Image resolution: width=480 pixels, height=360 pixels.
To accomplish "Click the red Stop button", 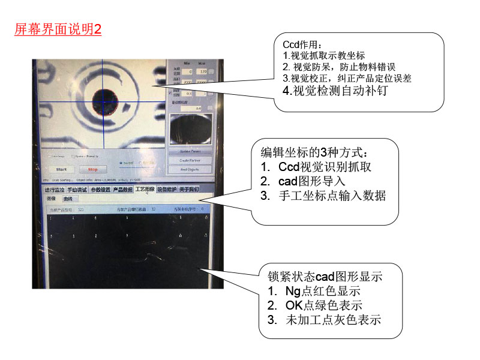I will click(x=92, y=169).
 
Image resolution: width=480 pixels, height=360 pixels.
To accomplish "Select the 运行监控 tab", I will click(x=55, y=190).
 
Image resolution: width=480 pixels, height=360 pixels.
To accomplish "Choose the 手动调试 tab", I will click(x=77, y=190).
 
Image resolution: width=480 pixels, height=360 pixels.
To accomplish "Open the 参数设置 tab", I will click(x=100, y=190).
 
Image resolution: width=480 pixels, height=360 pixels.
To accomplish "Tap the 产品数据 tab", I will click(x=122, y=190).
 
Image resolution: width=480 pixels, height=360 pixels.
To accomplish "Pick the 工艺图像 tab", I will click(x=144, y=190).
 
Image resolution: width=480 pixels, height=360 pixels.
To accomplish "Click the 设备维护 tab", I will click(x=167, y=190).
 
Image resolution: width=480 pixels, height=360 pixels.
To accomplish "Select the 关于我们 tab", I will click(x=190, y=190).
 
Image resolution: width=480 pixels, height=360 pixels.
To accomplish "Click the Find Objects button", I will click(x=190, y=170).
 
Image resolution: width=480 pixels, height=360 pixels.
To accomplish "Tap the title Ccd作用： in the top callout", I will click(x=302, y=44).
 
